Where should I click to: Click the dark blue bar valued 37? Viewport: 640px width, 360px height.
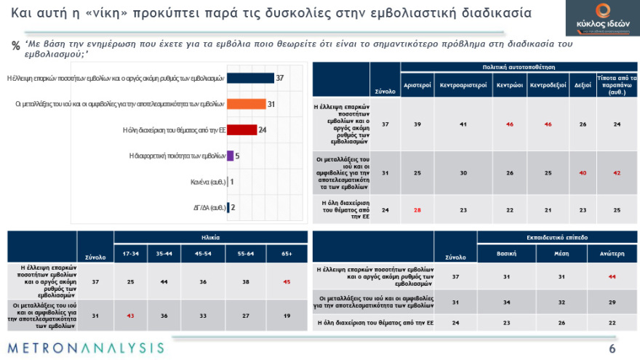[251, 78]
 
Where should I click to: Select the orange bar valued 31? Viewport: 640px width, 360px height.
[247, 104]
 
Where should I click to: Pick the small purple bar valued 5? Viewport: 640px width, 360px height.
[231, 156]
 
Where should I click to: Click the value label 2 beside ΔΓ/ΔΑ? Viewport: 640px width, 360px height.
[233, 208]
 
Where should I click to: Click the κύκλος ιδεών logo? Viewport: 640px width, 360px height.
[601, 18]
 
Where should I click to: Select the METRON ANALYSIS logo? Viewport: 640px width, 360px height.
[86, 348]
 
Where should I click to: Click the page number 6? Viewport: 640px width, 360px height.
[612, 349]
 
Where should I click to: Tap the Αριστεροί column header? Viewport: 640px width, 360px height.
[418, 84]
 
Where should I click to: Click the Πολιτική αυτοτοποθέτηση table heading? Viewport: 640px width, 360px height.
[519, 66]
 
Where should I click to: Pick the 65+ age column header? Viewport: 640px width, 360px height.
[287, 254]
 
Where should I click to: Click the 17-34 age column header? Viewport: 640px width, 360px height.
[132, 254]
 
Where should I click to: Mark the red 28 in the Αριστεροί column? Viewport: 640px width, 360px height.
[418, 210]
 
